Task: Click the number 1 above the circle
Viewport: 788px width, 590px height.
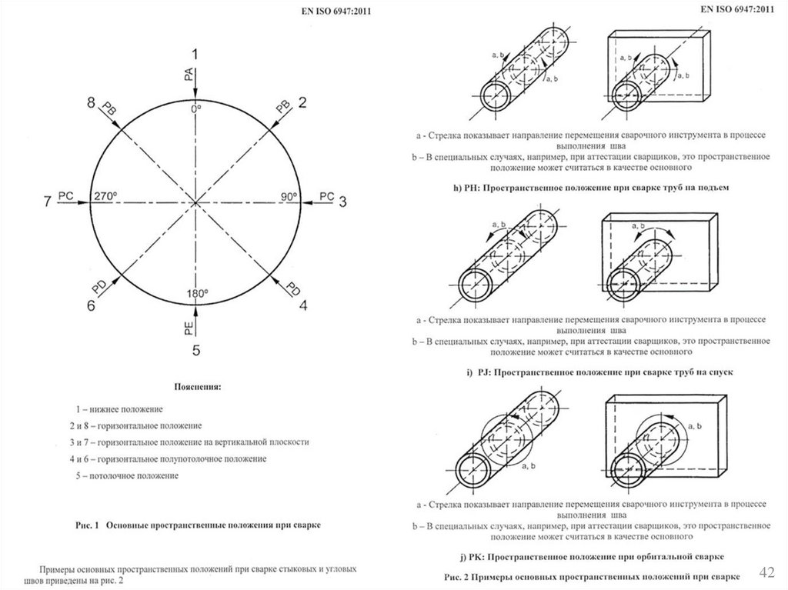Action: pyautogui.click(x=195, y=54)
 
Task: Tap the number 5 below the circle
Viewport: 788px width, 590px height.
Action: pyautogui.click(x=196, y=351)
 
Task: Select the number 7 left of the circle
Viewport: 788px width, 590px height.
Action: pyautogui.click(x=47, y=202)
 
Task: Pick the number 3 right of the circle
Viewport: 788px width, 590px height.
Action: pyautogui.click(x=343, y=201)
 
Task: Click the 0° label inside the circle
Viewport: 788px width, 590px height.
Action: pyautogui.click(x=195, y=109)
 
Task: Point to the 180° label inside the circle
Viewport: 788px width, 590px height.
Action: pyautogui.click(x=196, y=294)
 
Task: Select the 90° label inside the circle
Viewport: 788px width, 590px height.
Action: pyautogui.click(x=289, y=196)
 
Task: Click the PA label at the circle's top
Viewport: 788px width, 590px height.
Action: pyautogui.click(x=189, y=75)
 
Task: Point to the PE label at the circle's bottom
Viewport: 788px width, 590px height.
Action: pyautogui.click(x=189, y=328)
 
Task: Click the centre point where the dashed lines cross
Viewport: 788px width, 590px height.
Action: pyautogui.click(x=196, y=202)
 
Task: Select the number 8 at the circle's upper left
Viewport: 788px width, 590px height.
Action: pyautogui.click(x=91, y=102)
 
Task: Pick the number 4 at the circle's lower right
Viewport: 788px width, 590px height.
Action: pyautogui.click(x=303, y=305)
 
